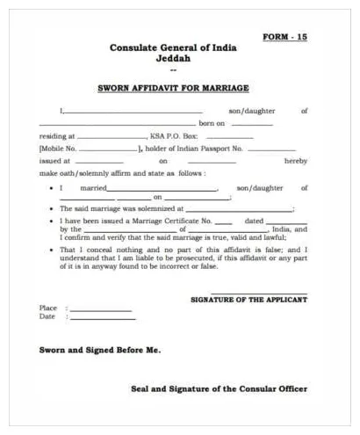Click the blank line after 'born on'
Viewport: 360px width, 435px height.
251,124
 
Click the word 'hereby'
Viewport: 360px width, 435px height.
296,162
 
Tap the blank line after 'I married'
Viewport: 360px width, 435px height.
162,189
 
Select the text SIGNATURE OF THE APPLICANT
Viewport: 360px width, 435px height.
248,301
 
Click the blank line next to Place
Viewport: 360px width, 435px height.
100,309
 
